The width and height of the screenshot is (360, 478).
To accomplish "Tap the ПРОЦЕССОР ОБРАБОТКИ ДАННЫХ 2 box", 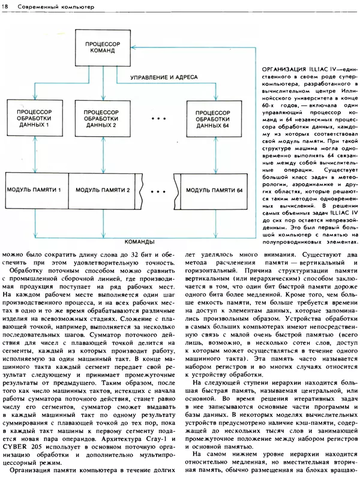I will click(101, 119).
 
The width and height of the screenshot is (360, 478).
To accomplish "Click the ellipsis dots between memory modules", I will click(158, 191).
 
